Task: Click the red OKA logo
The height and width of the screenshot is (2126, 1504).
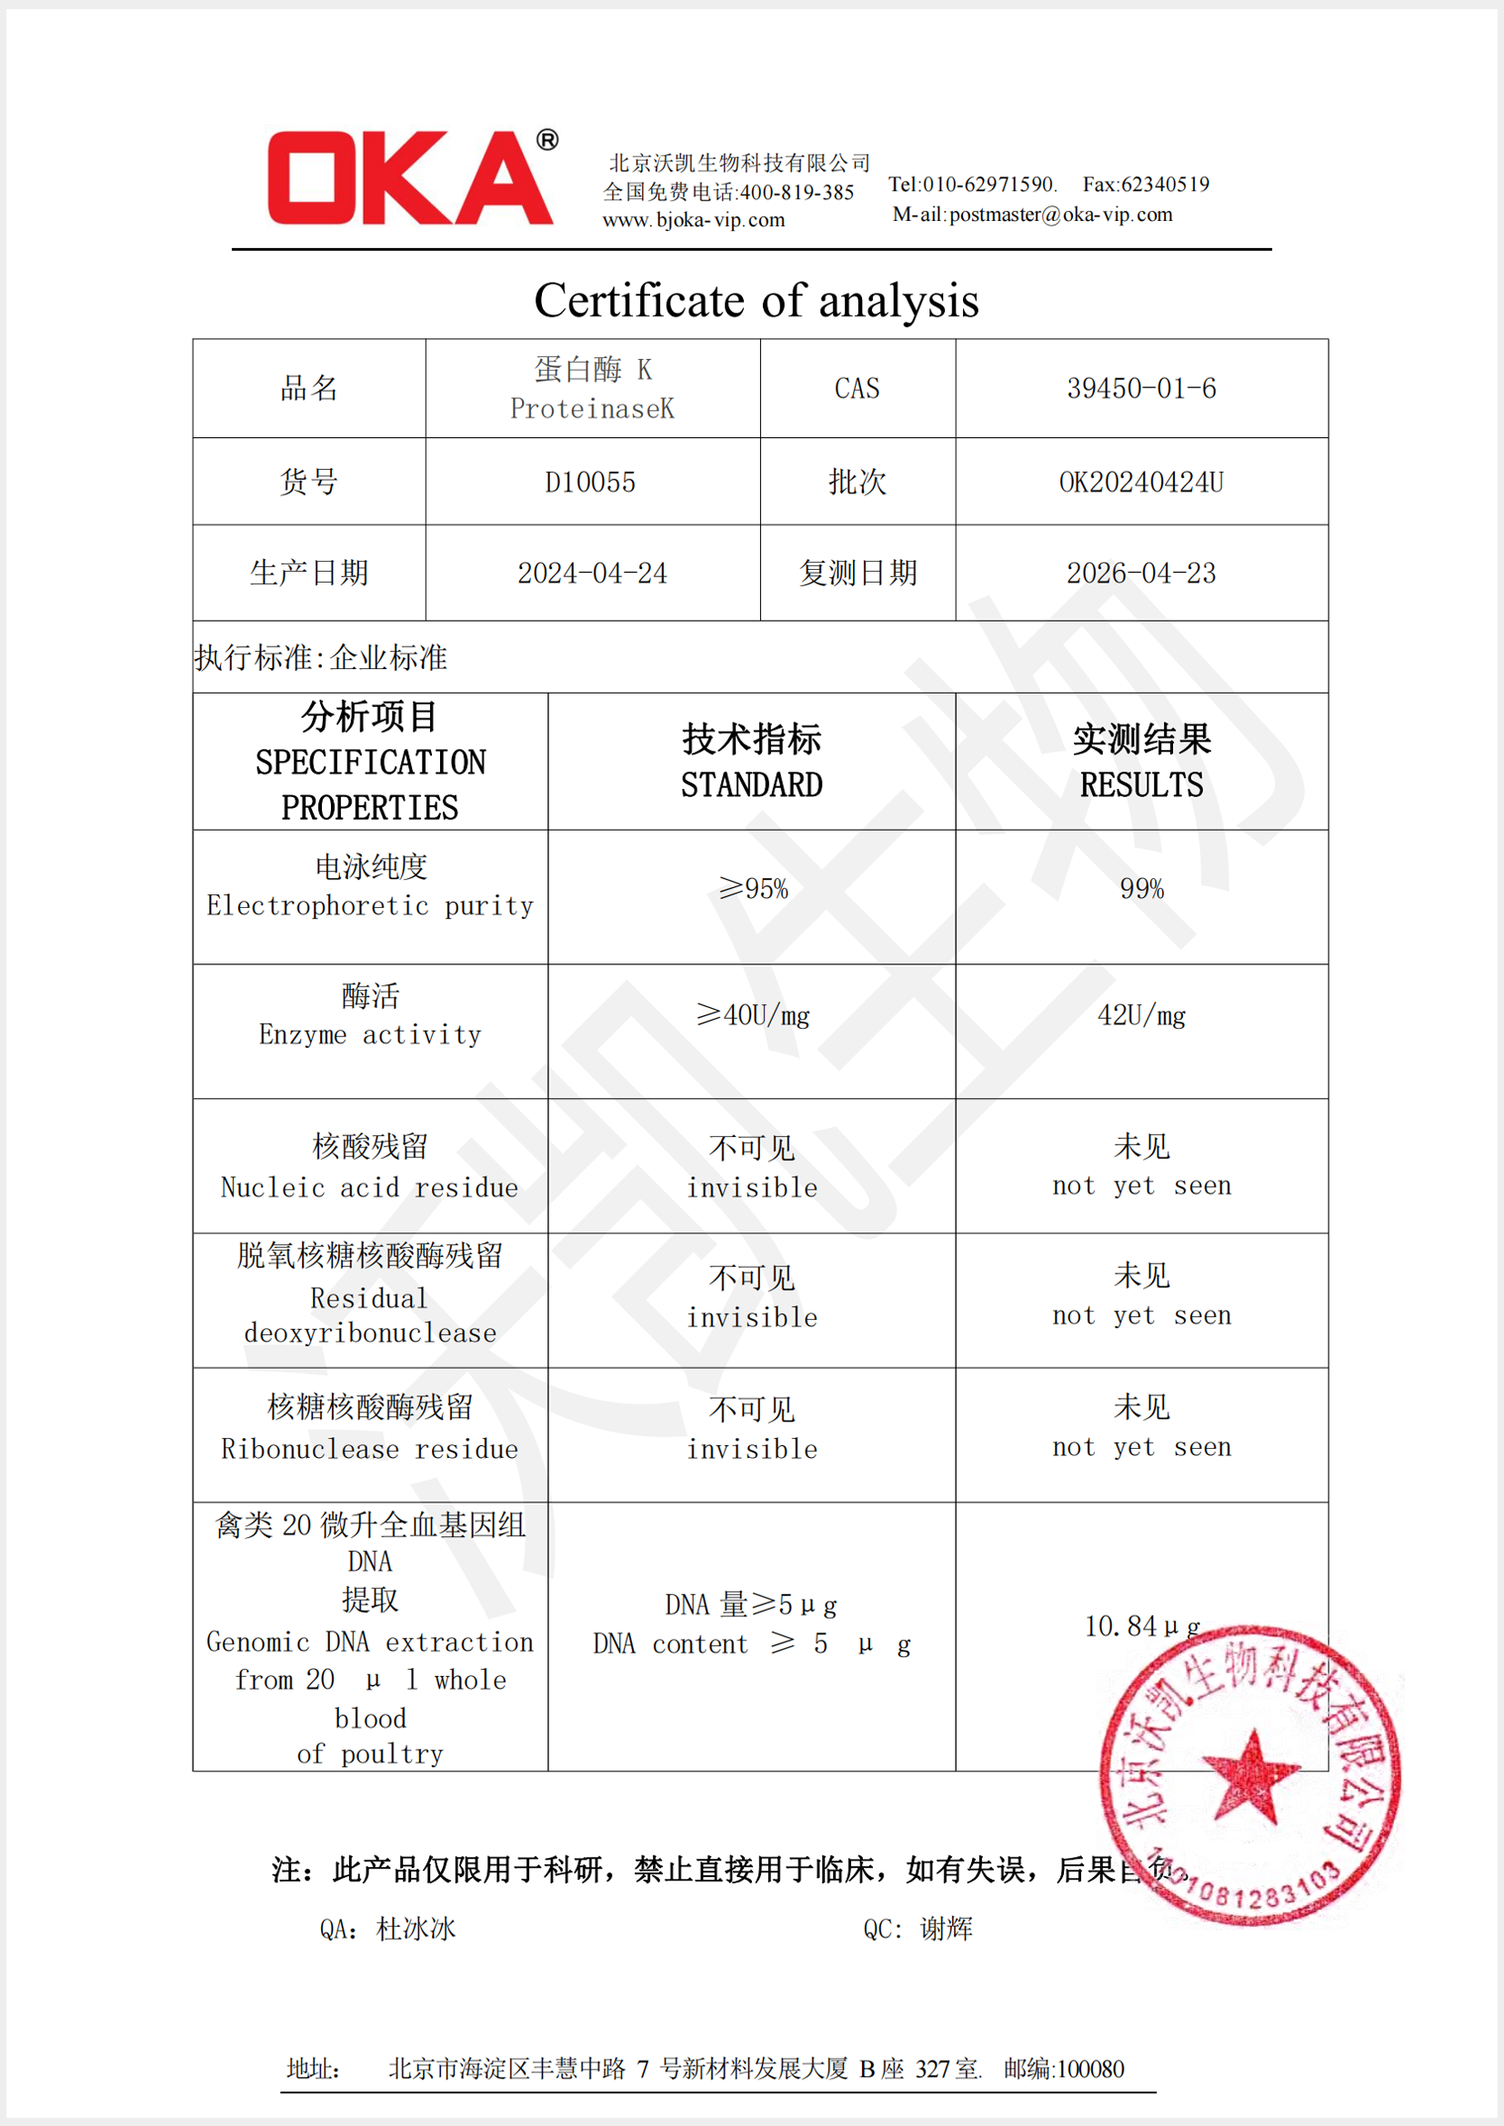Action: (411, 178)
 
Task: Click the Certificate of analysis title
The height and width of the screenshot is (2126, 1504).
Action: (756, 301)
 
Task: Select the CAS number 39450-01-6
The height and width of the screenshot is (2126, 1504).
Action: (1141, 388)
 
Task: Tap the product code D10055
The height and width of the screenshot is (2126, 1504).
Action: (590, 483)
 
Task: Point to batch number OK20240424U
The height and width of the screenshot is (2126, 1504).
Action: (1141, 483)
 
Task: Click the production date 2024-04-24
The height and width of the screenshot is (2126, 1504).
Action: (592, 574)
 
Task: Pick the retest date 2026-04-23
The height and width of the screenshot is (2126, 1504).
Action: (1141, 574)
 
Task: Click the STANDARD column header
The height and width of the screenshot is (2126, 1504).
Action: (751, 784)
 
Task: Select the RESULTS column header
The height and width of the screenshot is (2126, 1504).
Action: (1141, 784)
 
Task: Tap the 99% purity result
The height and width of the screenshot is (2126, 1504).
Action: (1141, 889)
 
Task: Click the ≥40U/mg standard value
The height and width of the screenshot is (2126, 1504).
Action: (753, 1015)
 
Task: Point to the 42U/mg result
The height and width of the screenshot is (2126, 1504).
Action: (1141, 1015)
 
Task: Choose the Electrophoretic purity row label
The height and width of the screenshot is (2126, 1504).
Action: (369, 904)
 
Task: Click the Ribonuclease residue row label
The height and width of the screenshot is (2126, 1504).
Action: (369, 1449)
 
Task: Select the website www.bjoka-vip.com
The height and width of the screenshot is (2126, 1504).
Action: (694, 220)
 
